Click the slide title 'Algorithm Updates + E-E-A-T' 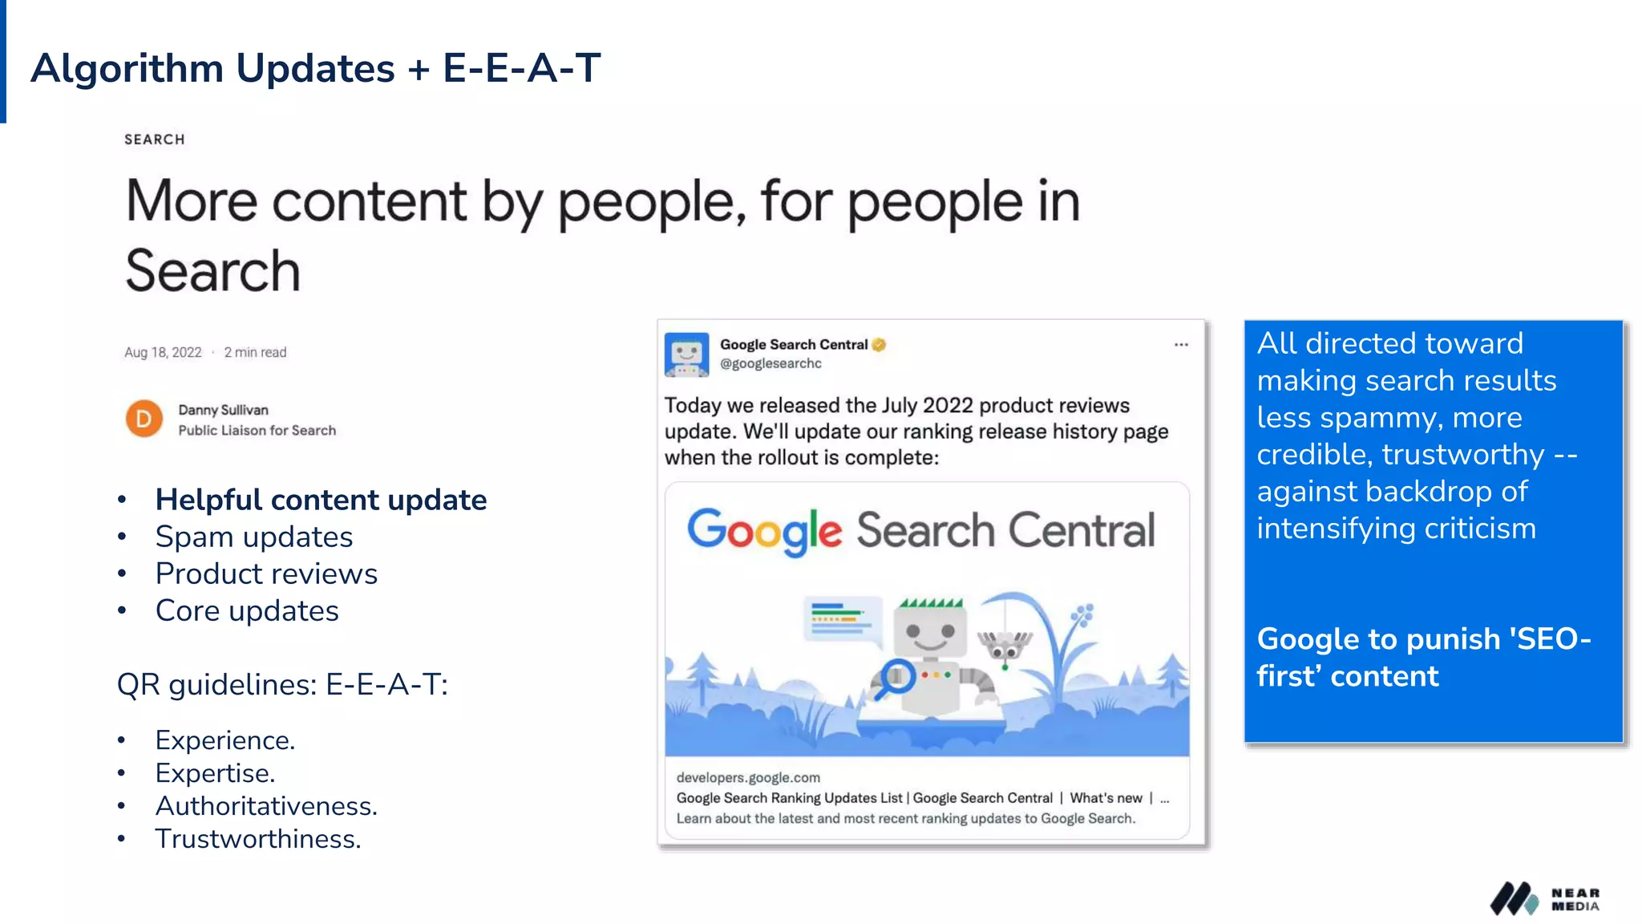pos(315,67)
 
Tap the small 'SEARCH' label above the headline pos(155,140)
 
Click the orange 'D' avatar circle pos(144,419)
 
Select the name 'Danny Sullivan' pos(223,410)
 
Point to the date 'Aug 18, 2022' pos(163,352)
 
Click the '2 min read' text pos(255,352)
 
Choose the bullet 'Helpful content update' pos(321,500)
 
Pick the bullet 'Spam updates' pos(254,537)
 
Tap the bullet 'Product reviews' pos(266,573)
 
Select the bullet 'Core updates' pos(247,610)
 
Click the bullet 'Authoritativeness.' pos(266,805)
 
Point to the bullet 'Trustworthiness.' pos(258,838)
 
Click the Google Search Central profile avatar pos(686,354)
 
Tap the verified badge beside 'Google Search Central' pos(880,345)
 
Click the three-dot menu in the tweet pos(1181,345)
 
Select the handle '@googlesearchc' pos(770,363)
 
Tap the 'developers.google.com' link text pos(748,777)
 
